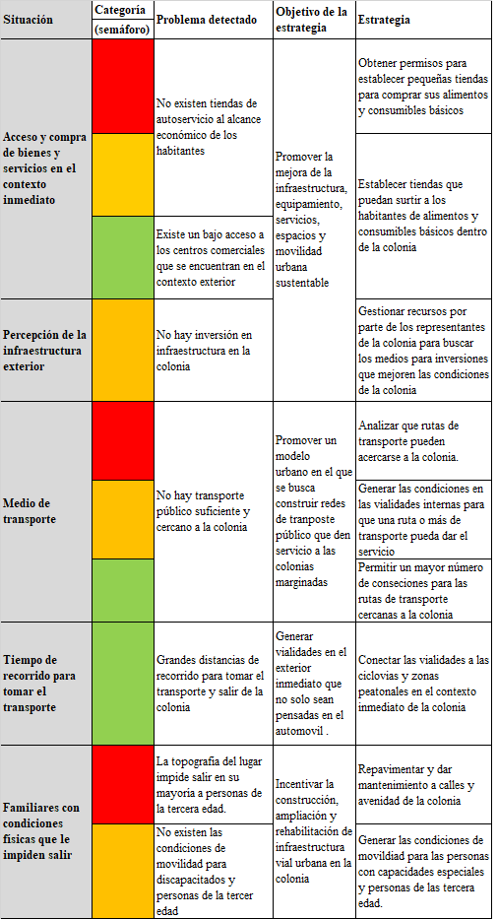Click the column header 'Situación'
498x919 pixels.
29,20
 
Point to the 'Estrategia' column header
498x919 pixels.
385,20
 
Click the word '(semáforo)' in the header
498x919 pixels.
123,30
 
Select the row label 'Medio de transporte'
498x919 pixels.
30,510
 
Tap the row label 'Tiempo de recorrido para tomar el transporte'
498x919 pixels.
41,684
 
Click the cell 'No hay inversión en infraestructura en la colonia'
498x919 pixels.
205,351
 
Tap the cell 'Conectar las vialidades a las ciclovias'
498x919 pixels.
423,683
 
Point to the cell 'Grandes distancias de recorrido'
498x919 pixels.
211,683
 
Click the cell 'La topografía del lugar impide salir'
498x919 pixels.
207,785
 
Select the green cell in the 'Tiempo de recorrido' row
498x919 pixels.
123,683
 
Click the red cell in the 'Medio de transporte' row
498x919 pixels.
123,440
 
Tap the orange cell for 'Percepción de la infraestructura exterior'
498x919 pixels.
123,350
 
